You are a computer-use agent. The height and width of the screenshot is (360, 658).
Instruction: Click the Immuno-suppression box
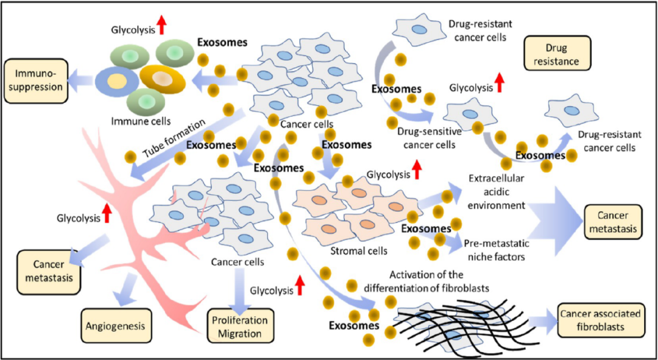pyautogui.click(x=34, y=80)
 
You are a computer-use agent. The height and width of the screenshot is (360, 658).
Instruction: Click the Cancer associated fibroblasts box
pyautogui.click(x=600, y=320)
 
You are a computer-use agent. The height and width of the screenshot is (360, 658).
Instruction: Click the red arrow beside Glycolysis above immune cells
pyautogui.click(x=161, y=24)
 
